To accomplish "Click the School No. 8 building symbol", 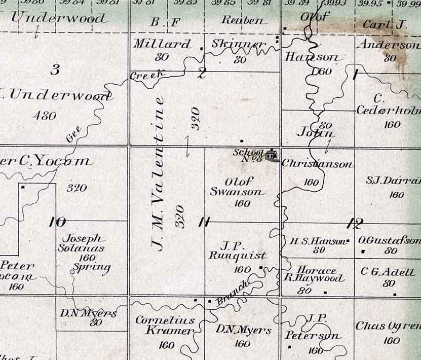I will [x=272, y=154].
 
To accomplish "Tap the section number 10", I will [x=57, y=222].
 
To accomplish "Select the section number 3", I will [x=55, y=70].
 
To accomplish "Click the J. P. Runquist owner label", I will [x=237, y=251].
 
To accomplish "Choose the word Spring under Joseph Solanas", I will [x=92, y=267].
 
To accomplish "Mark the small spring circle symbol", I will [x=72, y=272].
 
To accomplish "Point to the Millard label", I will [x=163, y=44].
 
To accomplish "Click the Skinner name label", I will [x=239, y=44].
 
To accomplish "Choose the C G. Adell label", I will [x=388, y=272].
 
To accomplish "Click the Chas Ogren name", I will [x=388, y=326].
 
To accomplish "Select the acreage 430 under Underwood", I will [x=44, y=116].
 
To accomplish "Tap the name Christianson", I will [x=317, y=164].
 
